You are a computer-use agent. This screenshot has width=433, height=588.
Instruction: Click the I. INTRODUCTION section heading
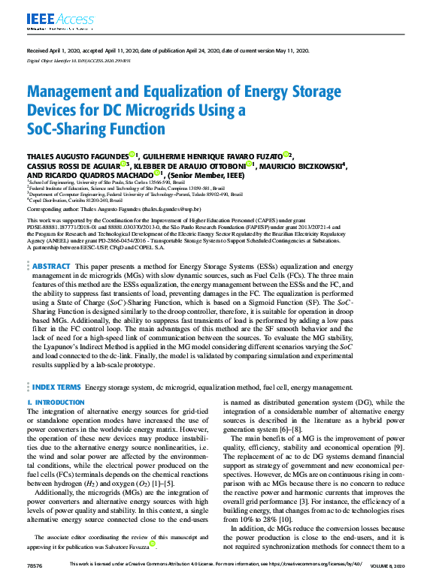pyautogui.click(x=56, y=403)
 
